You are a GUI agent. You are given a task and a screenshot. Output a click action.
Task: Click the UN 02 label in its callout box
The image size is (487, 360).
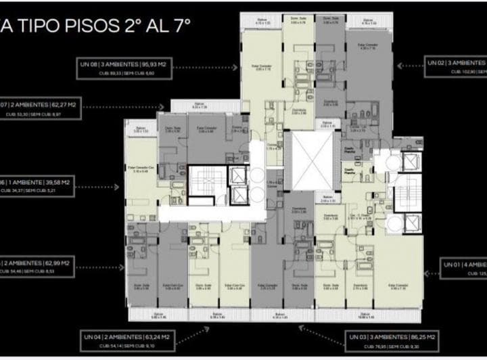point(436,62)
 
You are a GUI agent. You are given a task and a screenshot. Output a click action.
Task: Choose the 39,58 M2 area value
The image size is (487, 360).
point(54,182)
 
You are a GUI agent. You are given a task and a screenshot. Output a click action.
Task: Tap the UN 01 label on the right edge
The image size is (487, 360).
point(453,264)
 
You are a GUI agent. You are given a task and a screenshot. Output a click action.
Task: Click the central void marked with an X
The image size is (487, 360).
point(309,161)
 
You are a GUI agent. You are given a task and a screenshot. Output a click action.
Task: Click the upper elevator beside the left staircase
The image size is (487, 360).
point(237,175)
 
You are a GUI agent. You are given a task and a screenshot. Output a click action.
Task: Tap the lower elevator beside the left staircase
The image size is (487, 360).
point(237,196)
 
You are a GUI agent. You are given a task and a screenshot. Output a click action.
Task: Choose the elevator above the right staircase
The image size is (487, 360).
point(411,162)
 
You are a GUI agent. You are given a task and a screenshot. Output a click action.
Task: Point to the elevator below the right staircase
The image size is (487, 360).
point(411,224)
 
